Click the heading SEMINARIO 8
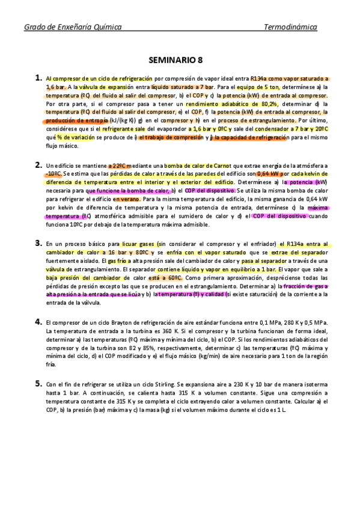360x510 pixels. click(x=180, y=60)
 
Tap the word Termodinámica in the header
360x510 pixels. click(x=291, y=28)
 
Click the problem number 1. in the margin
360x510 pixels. click(x=38, y=78)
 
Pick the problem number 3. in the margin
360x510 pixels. click(x=38, y=243)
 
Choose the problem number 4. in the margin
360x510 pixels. click(x=38, y=322)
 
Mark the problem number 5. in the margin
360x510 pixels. click(x=38, y=382)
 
